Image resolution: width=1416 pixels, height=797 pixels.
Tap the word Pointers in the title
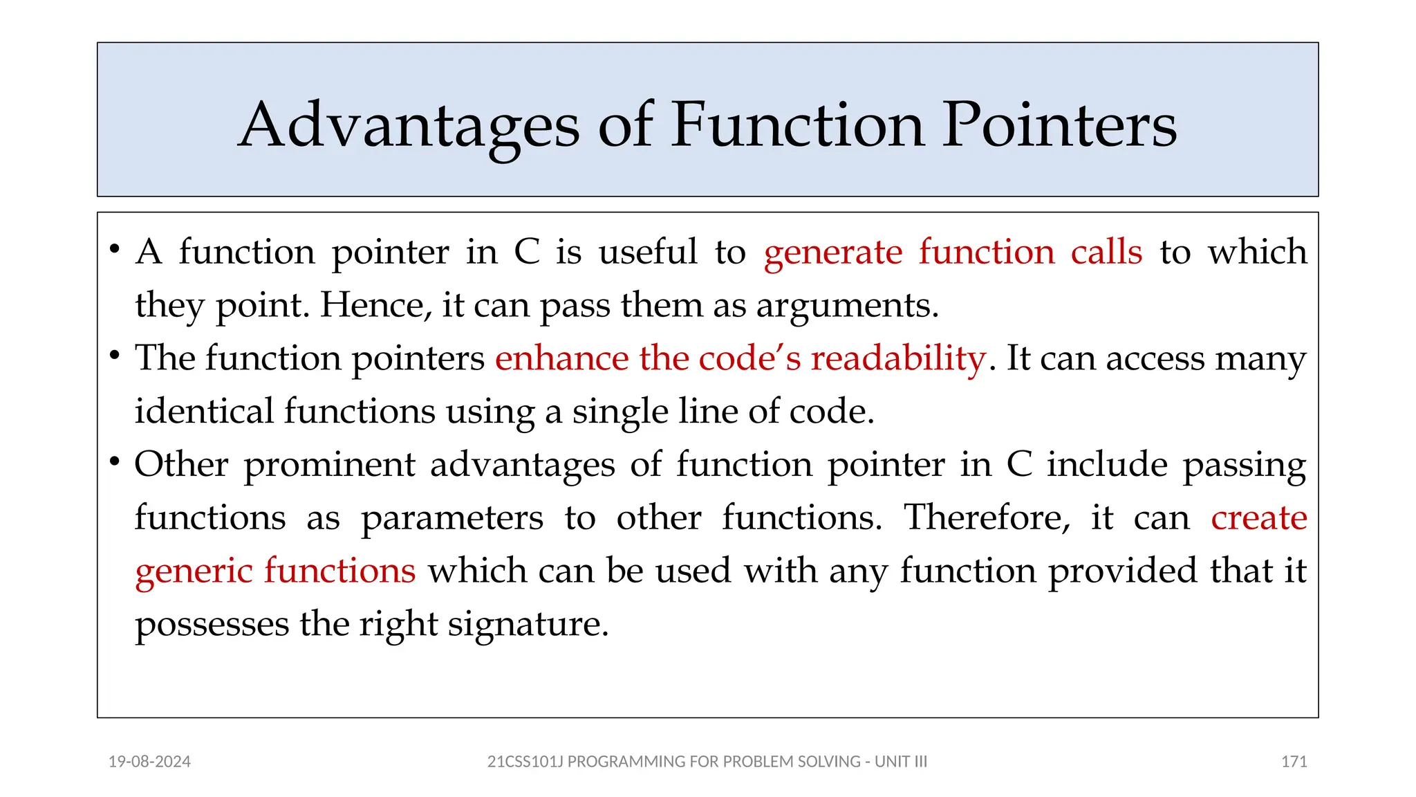click(1059, 126)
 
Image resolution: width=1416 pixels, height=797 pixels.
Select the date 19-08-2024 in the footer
click(149, 762)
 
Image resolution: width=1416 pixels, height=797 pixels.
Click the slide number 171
click(1294, 762)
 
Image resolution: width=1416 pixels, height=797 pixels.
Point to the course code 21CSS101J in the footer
click(525, 762)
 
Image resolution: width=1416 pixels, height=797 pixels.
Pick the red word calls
click(1106, 252)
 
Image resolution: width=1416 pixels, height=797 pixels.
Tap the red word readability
click(897, 358)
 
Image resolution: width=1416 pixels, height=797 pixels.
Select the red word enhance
click(562, 358)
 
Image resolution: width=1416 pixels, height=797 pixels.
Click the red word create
click(1258, 517)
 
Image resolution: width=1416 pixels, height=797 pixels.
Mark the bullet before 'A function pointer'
click(115, 249)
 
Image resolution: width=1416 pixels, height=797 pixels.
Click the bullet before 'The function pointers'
click(115, 356)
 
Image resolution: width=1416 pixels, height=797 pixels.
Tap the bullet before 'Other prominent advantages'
click(115, 461)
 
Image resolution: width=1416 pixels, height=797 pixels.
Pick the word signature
click(528, 625)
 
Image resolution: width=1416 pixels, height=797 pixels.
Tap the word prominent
click(329, 465)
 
